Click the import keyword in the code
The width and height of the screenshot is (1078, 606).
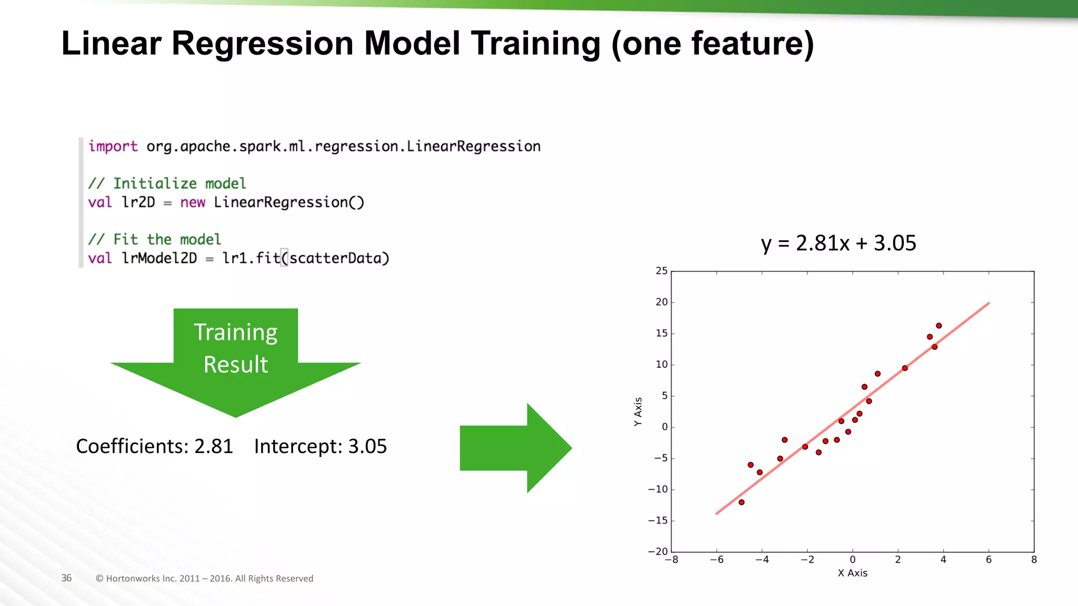point(113,146)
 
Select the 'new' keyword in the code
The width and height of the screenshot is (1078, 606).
point(193,203)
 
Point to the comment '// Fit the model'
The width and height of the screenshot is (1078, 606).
point(154,239)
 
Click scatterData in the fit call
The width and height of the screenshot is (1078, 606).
point(335,258)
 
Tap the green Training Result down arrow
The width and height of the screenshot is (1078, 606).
point(235,363)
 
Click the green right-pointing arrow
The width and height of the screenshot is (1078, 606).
point(516,448)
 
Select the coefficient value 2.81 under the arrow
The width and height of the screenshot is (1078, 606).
point(213,446)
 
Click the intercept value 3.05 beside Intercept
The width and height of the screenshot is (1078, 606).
point(367,446)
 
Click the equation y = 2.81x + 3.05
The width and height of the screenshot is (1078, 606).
point(839,243)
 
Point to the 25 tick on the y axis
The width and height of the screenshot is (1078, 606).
point(661,271)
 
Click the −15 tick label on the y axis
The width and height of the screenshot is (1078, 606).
point(657,520)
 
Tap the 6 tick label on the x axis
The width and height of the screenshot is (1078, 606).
point(989,560)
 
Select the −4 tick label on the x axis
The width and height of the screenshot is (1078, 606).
point(762,560)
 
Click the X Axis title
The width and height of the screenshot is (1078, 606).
point(852,573)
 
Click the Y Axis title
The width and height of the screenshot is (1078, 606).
point(638,411)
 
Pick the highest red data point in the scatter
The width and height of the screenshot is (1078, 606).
point(939,326)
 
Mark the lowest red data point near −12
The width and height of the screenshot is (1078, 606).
point(741,502)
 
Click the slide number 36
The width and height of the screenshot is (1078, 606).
point(66,578)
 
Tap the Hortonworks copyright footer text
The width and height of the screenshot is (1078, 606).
point(204,578)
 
